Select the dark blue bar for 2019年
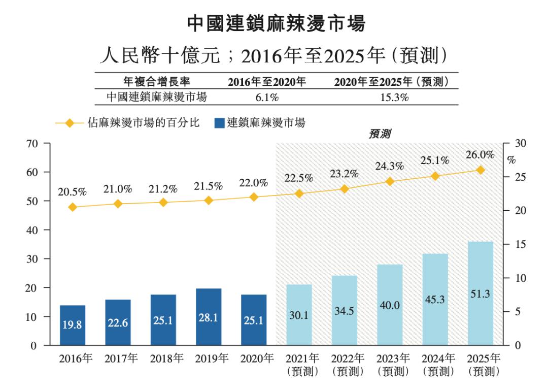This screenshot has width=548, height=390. [208, 317]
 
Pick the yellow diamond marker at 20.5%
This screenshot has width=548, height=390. [73, 207]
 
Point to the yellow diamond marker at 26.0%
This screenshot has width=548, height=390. [481, 170]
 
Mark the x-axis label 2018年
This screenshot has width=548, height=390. [163, 359]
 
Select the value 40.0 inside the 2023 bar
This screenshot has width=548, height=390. [390, 305]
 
